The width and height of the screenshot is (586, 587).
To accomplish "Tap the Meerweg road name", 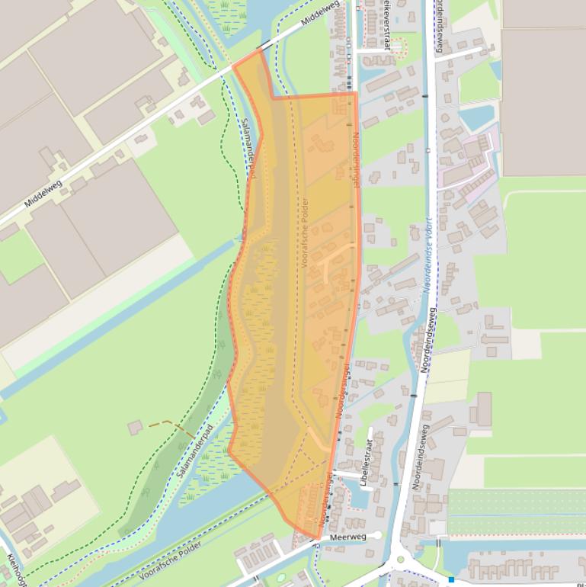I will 348,537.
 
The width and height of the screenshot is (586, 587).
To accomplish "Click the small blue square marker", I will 451,580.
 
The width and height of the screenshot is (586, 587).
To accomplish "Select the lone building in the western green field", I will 135,427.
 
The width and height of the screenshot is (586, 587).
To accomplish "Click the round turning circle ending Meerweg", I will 377,536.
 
